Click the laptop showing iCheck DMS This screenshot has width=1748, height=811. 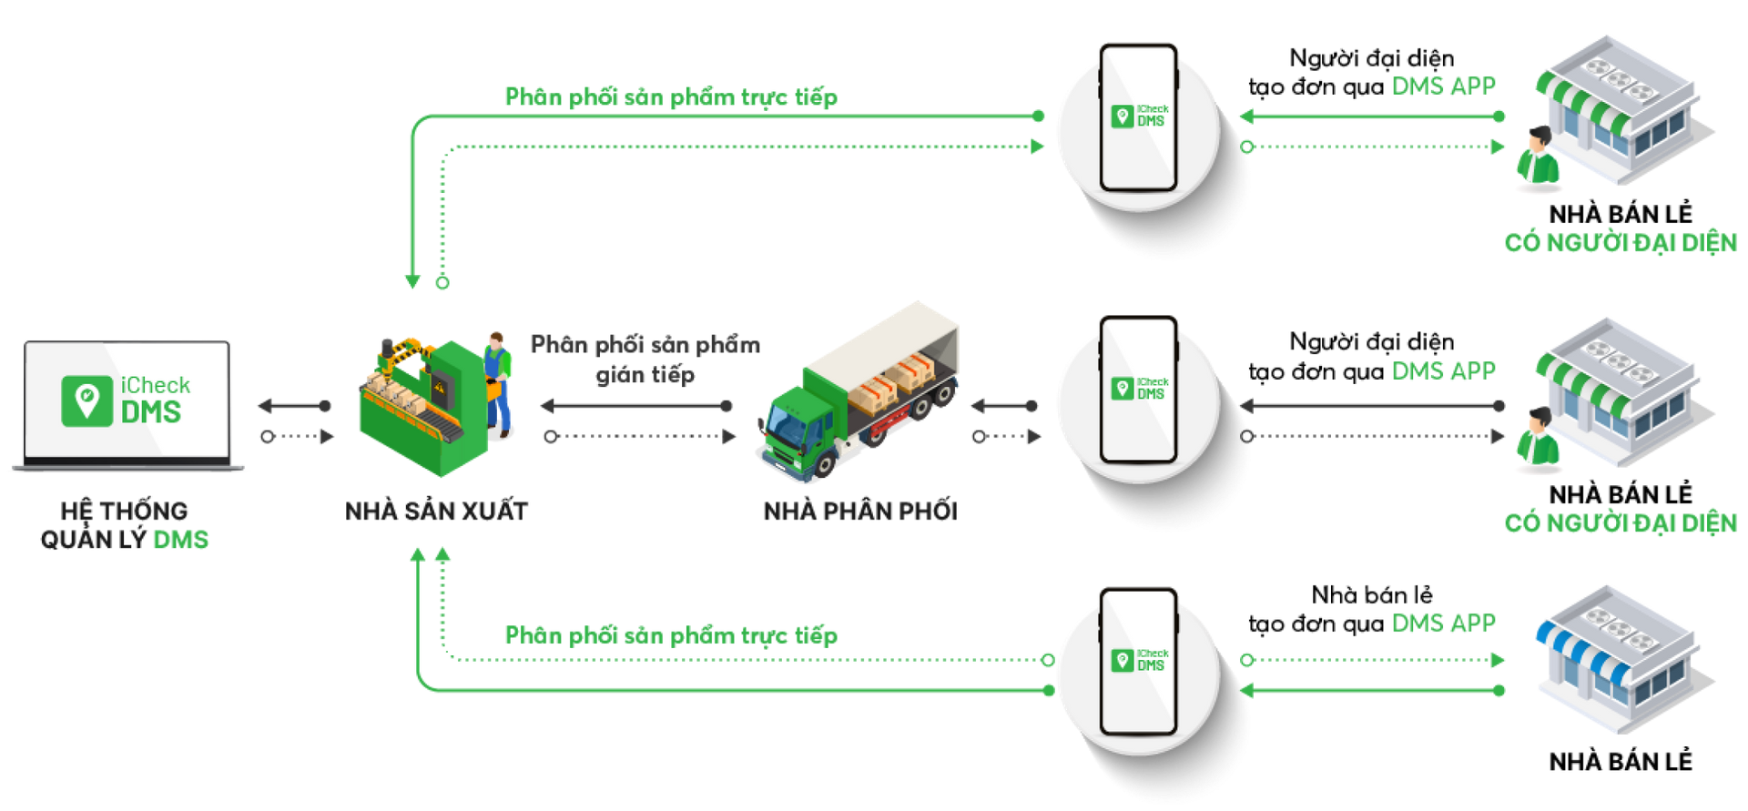point(127,405)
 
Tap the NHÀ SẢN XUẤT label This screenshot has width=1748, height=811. point(436,511)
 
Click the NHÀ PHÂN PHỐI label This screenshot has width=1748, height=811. point(860,511)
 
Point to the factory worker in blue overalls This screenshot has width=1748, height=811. point(497,382)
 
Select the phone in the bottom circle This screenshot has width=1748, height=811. point(1138,663)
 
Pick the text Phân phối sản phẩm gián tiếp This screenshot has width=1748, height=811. point(645,359)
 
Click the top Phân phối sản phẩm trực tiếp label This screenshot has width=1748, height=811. point(670,96)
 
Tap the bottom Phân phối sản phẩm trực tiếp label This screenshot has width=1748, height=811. point(670,634)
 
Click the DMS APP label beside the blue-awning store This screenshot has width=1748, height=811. point(1443,623)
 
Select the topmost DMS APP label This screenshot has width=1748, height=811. point(1443,86)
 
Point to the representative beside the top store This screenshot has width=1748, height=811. point(1538,159)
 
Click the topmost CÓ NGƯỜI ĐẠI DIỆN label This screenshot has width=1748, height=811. point(1621,242)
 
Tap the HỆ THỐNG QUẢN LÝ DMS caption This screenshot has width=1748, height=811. point(125,525)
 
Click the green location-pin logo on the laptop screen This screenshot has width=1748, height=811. point(86,400)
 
